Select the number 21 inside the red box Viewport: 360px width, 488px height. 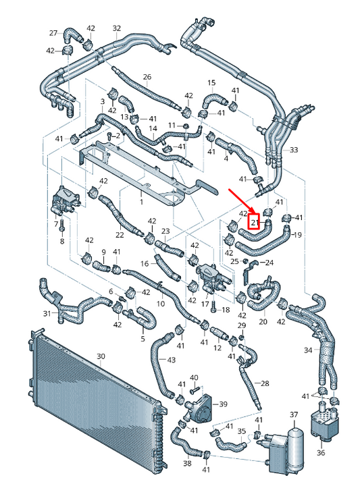255,221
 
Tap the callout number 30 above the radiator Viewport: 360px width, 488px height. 101,356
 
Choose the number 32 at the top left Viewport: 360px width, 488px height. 116,28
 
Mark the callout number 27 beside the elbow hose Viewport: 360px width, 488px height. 53,33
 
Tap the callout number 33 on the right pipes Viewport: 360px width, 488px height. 293,149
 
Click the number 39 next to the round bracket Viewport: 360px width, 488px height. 223,404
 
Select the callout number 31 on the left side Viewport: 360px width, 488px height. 47,313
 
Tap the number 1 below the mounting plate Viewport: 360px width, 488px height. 141,201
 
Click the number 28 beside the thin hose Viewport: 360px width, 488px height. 265,383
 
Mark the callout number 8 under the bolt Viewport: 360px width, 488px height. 61,241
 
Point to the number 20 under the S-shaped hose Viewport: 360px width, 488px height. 263,323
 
